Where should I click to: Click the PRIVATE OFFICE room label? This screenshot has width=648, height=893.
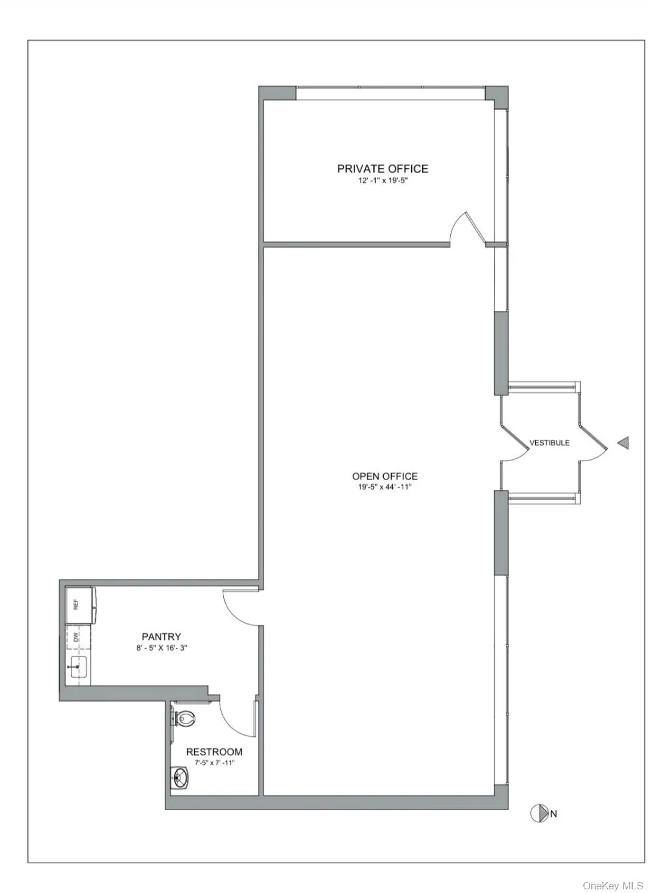click(383, 168)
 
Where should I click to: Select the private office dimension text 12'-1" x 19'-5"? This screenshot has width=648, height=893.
click(383, 181)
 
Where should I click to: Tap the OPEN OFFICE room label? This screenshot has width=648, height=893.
click(384, 476)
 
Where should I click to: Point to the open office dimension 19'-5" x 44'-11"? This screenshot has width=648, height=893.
click(384, 487)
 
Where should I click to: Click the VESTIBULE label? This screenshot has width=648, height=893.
click(549, 443)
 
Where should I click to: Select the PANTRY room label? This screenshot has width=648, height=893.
click(161, 637)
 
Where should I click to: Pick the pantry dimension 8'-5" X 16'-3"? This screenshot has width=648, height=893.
click(161, 648)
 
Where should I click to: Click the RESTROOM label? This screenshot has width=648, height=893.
click(214, 752)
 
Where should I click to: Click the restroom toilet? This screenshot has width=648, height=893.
click(184, 718)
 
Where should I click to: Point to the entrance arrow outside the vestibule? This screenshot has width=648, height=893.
click(623, 443)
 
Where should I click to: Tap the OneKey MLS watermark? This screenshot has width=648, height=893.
click(613, 885)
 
